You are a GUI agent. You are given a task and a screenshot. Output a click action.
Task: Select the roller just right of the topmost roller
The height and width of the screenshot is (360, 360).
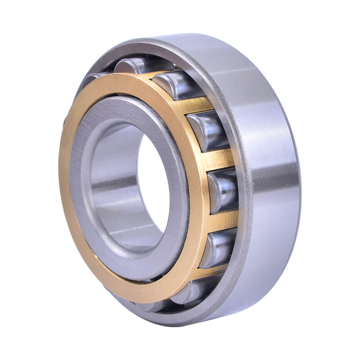tap(173, 83)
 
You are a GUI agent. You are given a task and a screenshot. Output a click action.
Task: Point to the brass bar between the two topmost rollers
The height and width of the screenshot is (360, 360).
tap(153, 72)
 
